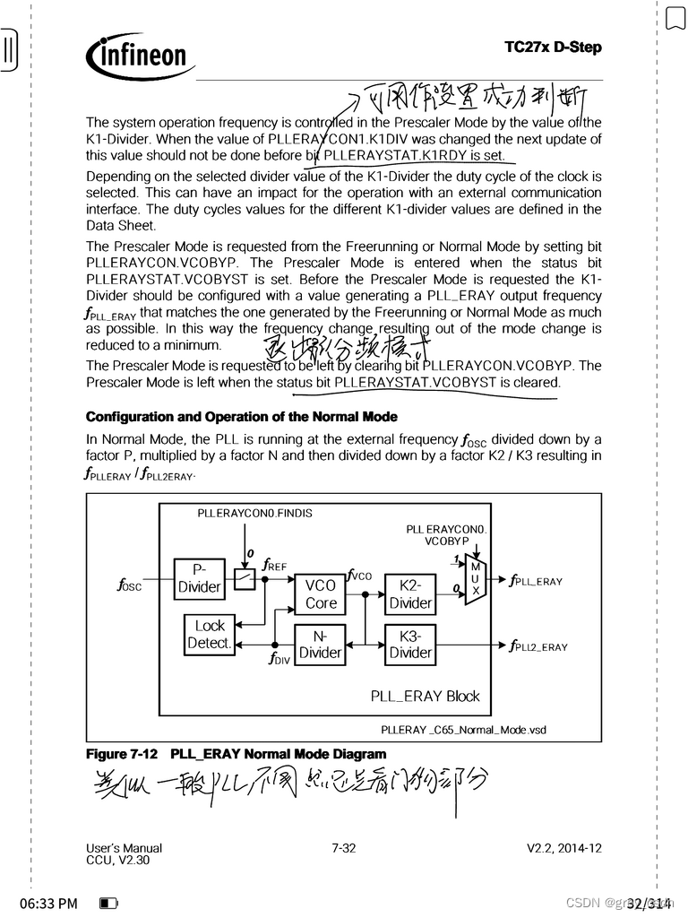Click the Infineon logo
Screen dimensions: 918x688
click(x=139, y=56)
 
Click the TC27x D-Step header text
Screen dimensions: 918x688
click(x=553, y=47)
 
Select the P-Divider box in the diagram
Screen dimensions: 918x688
click(x=199, y=578)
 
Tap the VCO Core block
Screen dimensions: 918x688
click(x=320, y=594)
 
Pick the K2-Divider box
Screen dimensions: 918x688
click(x=410, y=594)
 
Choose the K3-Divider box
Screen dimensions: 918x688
click(x=410, y=645)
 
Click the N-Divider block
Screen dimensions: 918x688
click(x=320, y=645)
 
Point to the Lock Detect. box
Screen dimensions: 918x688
click(x=210, y=634)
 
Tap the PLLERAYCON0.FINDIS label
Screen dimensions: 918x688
click(x=255, y=514)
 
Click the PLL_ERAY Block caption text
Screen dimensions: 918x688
click(x=425, y=696)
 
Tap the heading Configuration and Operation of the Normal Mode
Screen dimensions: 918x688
click(x=242, y=417)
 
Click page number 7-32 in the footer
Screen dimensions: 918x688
click(x=343, y=847)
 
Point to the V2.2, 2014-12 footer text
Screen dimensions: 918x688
click(x=564, y=847)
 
